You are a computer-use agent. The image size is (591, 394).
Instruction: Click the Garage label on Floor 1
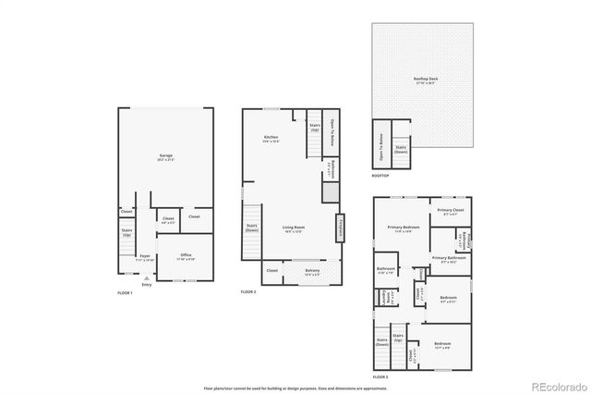coord(165,156)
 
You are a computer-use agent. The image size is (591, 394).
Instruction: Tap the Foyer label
coord(145,256)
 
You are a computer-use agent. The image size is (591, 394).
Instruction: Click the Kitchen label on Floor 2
coord(271,139)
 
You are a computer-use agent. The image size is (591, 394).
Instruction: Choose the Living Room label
coord(294,228)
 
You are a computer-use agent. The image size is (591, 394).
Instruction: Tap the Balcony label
coord(313,271)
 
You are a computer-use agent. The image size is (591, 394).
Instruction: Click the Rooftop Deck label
coord(426,80)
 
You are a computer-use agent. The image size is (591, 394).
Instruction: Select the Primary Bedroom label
coord(404,228)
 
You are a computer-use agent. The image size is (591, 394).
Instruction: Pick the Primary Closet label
coord(451,212)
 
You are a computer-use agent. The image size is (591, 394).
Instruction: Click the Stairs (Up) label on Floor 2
coord(315,126)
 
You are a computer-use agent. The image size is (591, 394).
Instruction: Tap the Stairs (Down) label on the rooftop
coord(401,148)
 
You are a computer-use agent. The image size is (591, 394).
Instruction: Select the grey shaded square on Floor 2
coord(328,191)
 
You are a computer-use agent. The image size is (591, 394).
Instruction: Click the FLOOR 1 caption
coord(126,292)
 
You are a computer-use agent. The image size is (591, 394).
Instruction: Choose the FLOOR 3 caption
coord(380,377)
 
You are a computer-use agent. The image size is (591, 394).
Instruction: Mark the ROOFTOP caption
coord(380,175)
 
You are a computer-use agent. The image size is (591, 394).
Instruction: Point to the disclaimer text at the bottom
coord(295,386)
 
